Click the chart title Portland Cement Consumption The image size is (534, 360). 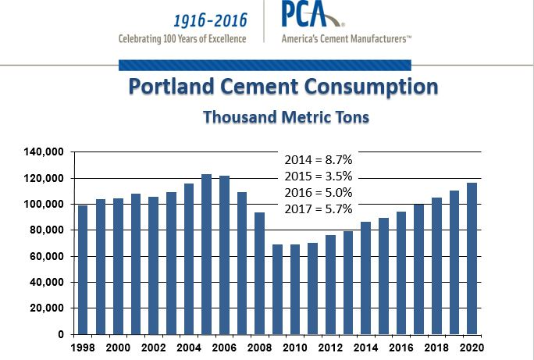coord(282,87)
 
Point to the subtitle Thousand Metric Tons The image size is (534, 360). coord(286,117)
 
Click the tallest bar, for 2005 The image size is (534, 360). coord(207,254)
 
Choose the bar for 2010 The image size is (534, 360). coord(295,289)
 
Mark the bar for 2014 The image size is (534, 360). coord(365,278)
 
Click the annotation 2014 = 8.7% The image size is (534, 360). coord(318,159)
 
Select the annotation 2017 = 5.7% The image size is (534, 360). coord(318,209)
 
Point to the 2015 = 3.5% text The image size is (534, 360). coord(318,176)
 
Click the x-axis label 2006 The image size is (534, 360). coord(223,348)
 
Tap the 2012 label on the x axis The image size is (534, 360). coord(330,348)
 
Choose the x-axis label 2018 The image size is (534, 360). coord(436,348)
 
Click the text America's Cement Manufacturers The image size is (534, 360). coord(347,38)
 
